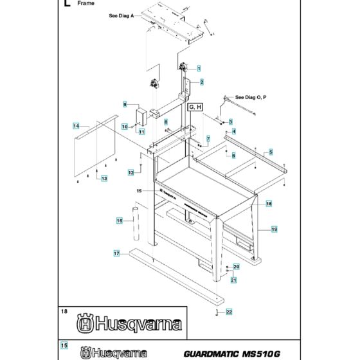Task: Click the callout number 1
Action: (x=199, y=68)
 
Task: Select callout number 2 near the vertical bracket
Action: (x=201, y=82)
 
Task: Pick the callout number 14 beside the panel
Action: (x=76, y=126)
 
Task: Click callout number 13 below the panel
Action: (x=103, y=177)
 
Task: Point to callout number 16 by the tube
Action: (x=120, y=221)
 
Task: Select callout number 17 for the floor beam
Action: (x=117, y=253)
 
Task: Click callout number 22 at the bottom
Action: (x=229, y=312)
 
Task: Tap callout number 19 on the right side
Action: (x=274, y=229)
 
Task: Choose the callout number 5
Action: (x=271, y=152)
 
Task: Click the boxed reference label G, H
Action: (x=195, y=107)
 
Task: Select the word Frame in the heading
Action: (x=85, y=4)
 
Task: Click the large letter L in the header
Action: (x=65, y=4)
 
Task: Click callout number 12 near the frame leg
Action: (x=130, y=172)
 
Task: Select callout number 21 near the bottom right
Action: (x=234, y=279)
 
